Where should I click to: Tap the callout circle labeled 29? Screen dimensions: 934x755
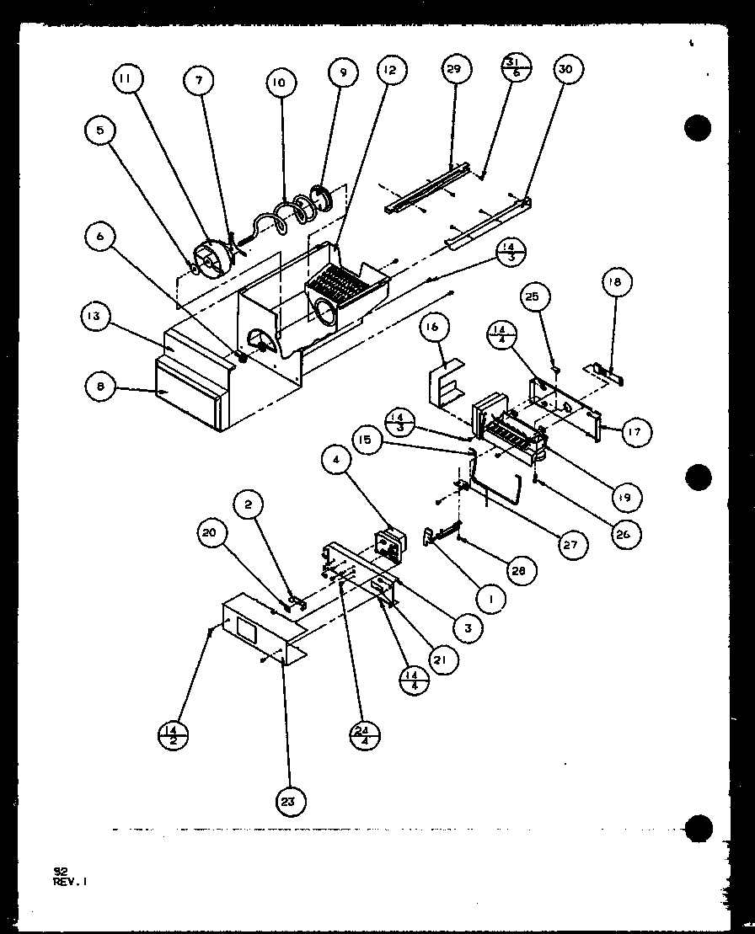pos(453,69)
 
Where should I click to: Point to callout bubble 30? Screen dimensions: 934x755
pos(565,69)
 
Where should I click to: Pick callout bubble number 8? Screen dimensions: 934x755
pos(101,387)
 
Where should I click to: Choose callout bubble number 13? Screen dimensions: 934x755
pos(96,316)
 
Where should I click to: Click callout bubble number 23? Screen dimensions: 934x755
pos(289,802)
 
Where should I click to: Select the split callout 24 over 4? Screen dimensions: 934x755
pos(365,734)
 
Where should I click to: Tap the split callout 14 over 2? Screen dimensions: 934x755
pos(172,734)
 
